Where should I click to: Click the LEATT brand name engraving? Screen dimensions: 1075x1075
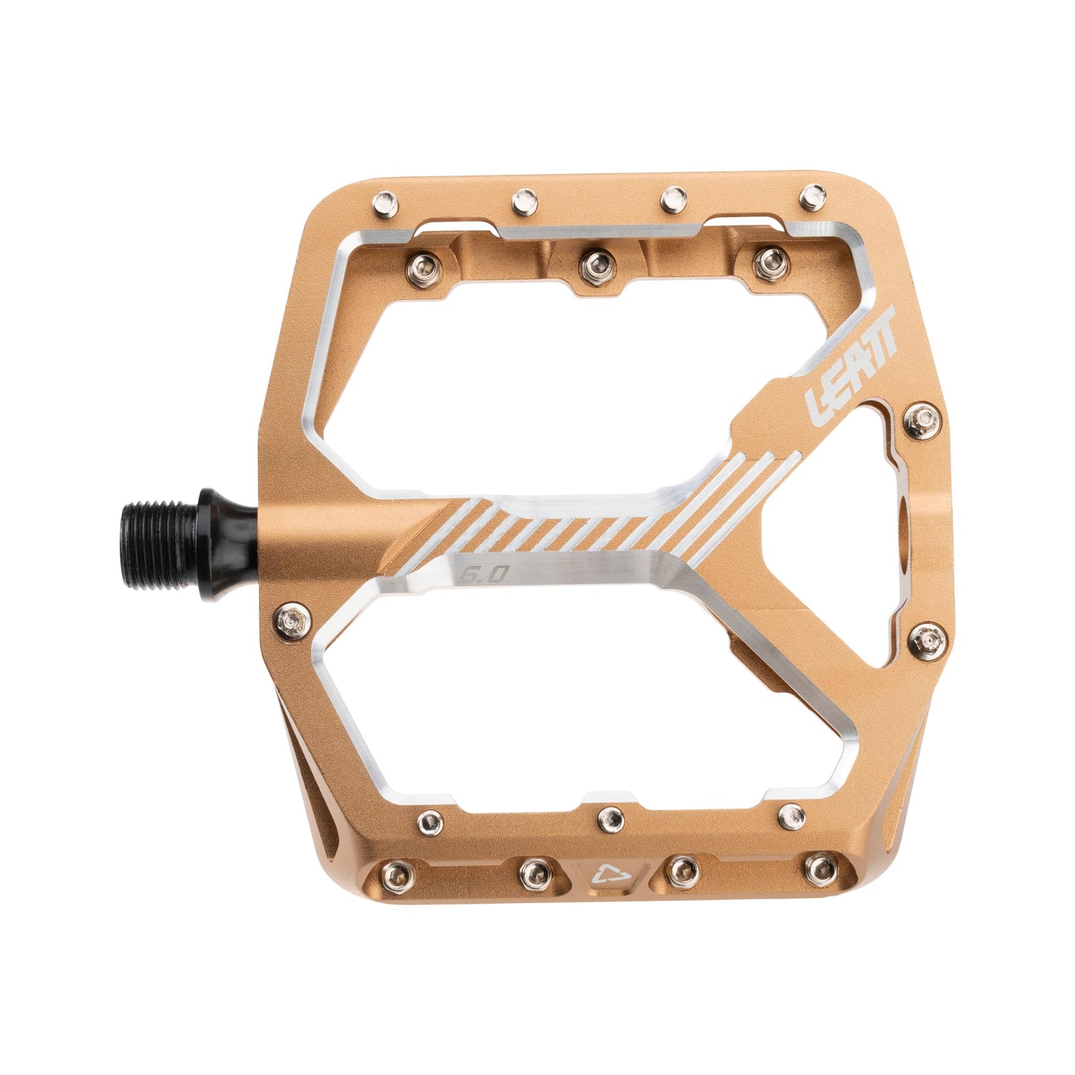point(851,365)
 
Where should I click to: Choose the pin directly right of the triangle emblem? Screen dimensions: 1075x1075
point(681,868)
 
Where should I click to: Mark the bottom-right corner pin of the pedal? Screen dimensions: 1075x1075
point(821,867)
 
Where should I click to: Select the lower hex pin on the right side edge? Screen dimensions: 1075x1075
point(925,638)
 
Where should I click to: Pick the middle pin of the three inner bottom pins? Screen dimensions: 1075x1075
point(611,818)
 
